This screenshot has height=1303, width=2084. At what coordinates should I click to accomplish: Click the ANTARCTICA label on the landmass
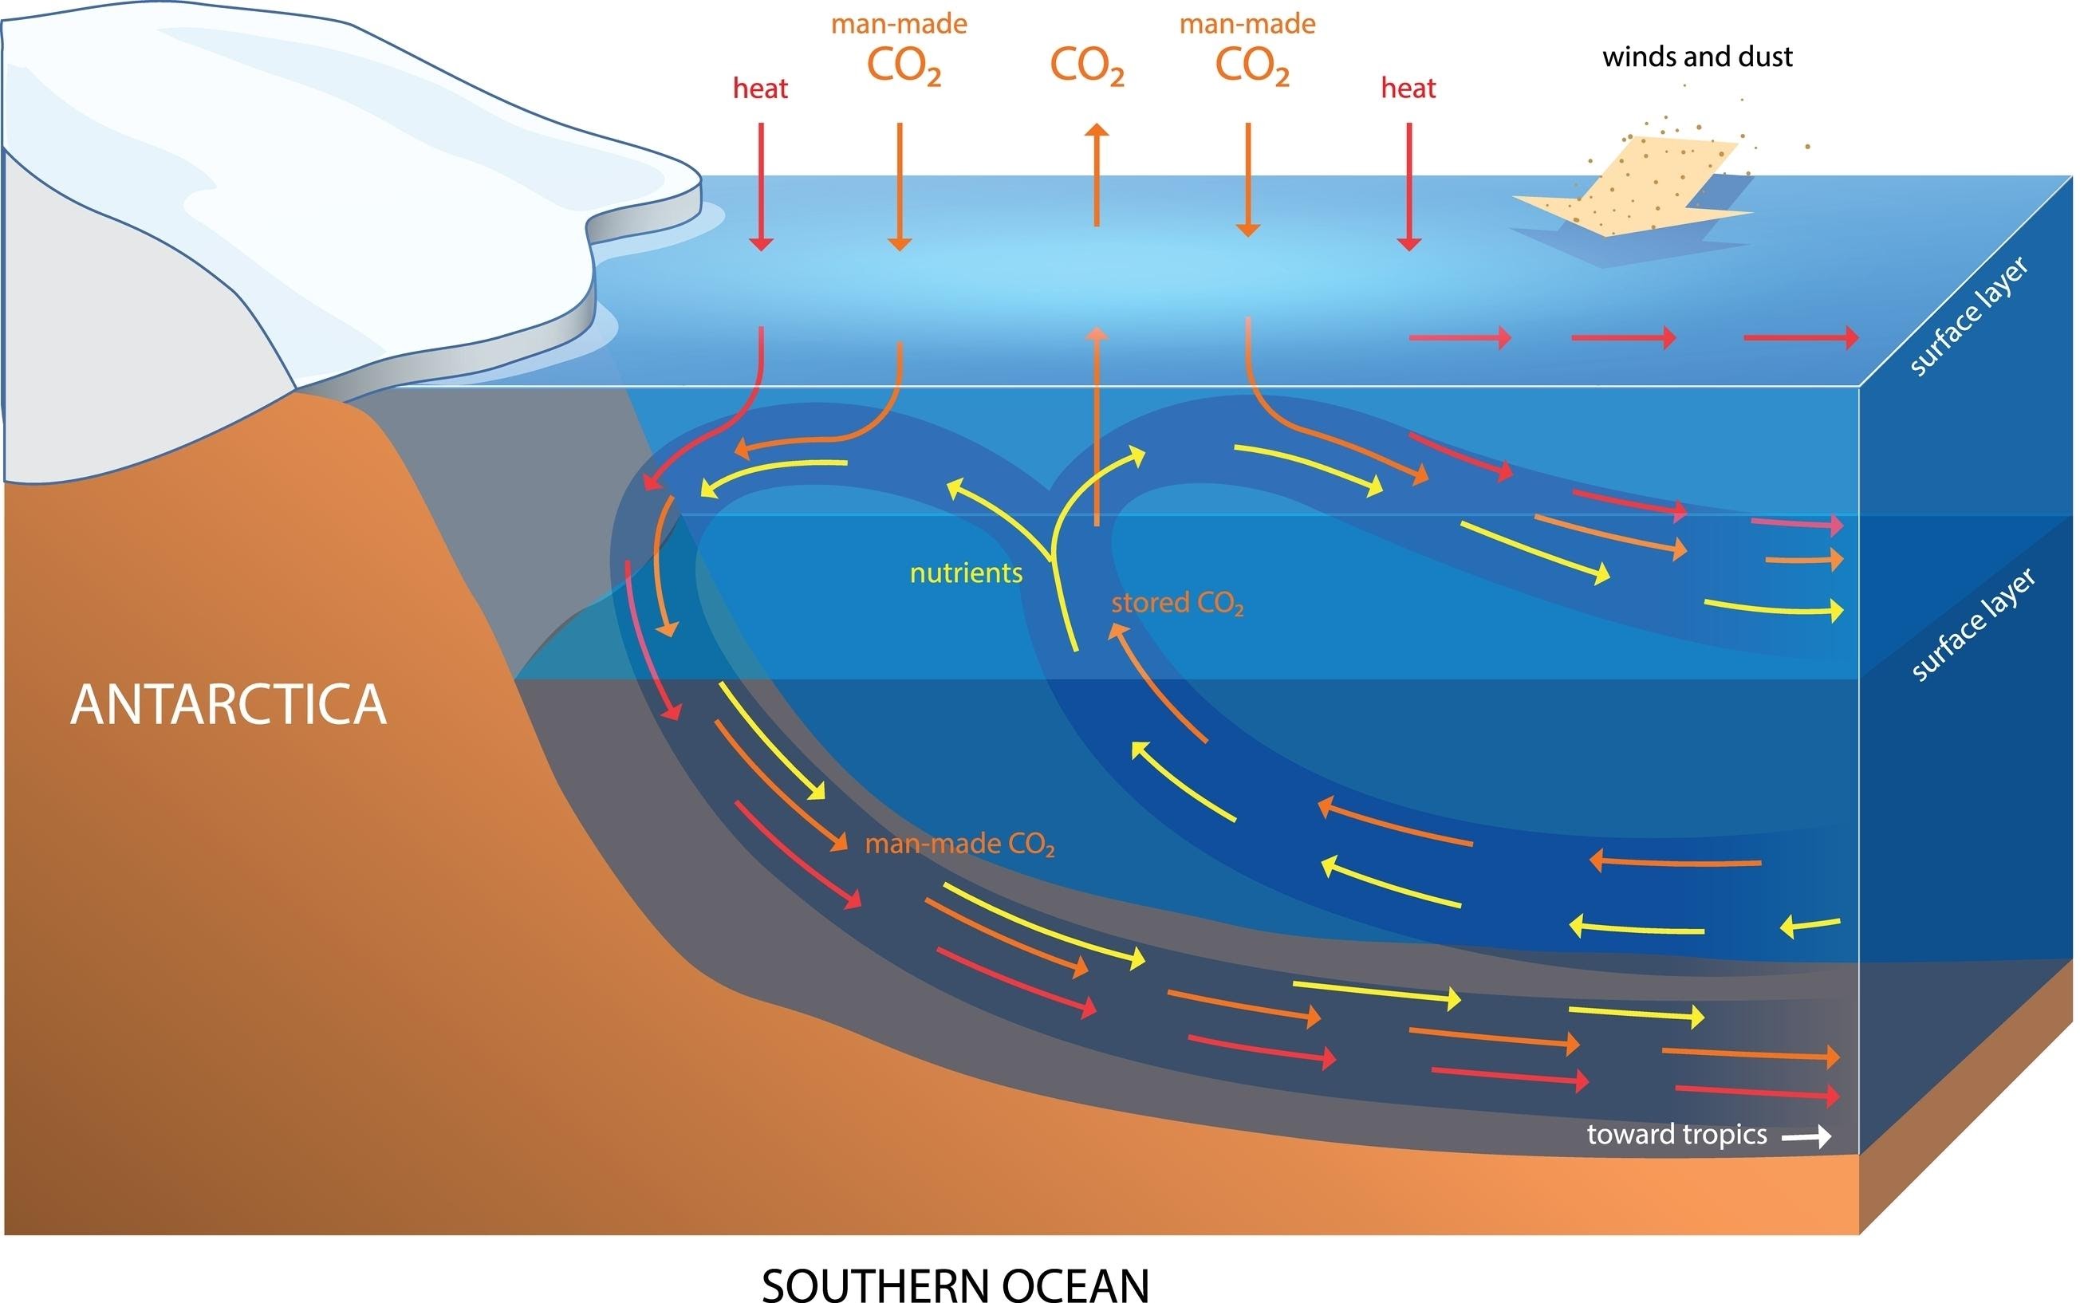228,705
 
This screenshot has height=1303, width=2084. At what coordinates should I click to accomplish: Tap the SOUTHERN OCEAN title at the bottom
955,1282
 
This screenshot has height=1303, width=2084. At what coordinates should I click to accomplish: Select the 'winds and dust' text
1697,57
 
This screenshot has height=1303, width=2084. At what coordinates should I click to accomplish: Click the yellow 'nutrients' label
966,573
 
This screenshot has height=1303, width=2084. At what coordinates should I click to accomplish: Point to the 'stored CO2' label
1177,603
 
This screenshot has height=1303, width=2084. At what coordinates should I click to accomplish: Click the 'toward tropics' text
1676,1135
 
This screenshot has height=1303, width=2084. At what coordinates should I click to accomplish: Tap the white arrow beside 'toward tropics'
1806,1138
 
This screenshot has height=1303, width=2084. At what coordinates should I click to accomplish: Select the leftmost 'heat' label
760,88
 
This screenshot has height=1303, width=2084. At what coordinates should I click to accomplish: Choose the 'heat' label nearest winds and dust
1408,88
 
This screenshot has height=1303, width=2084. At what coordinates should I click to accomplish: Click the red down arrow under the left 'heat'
761,186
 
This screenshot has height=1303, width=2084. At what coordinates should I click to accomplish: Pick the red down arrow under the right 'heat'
1409,186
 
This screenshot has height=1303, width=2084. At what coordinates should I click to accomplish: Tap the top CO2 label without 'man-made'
1087,65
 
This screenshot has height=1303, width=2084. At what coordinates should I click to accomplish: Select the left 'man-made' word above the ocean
899,24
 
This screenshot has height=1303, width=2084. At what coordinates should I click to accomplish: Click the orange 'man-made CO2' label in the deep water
959,844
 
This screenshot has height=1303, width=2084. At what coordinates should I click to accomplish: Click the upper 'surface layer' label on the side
1969,317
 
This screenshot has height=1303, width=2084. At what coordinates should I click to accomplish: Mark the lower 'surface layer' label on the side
1973,624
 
